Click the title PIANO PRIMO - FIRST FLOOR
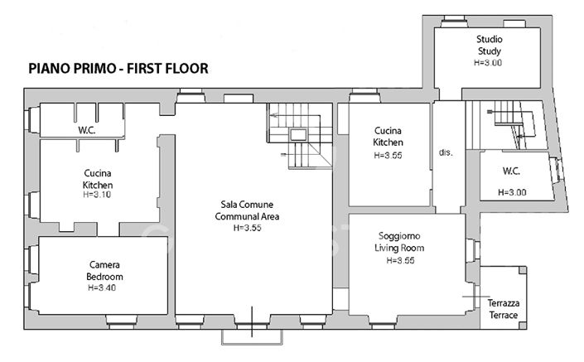click(118, 68)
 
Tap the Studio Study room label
click(489, 45)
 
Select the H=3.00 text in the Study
click(489, 62)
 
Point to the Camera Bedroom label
click(104, 270)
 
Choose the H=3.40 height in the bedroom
click(104, 287)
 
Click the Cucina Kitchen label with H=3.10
click(98, 179)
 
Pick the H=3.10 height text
click(98, 195)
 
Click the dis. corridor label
click(446, 153)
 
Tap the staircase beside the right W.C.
click(507, 124)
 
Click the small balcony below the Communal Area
click(254, 335)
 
